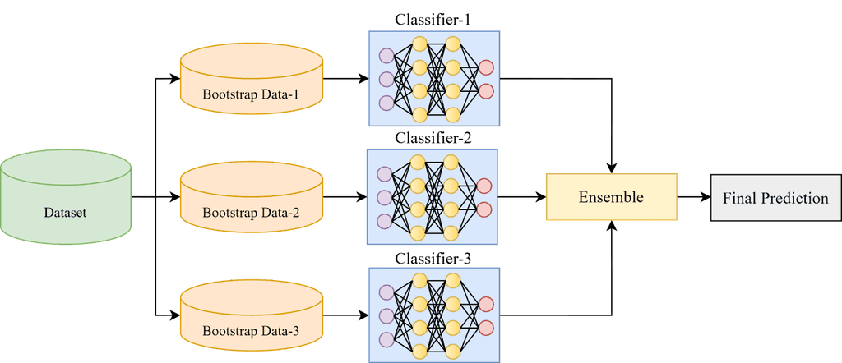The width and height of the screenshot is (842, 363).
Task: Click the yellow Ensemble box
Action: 610,197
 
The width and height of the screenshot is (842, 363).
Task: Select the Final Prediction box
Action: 775,198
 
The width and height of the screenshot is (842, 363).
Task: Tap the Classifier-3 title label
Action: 433,259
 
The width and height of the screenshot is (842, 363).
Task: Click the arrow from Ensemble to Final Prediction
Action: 693,198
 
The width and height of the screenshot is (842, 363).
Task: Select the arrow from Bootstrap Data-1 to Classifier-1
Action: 345,80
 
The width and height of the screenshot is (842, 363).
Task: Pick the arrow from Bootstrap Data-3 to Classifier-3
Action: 345,315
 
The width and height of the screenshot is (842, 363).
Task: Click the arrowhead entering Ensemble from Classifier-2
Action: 539,198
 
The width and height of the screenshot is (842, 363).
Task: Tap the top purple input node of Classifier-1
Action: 384,56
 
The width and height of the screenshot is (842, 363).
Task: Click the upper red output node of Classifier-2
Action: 485,186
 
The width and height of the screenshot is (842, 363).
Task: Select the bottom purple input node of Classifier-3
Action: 384,339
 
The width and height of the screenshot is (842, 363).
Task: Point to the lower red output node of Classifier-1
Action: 485,91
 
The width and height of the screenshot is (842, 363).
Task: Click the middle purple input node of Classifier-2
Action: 384,197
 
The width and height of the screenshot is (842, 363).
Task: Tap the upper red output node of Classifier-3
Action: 485,304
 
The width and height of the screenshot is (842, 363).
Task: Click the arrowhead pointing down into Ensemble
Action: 611,167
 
